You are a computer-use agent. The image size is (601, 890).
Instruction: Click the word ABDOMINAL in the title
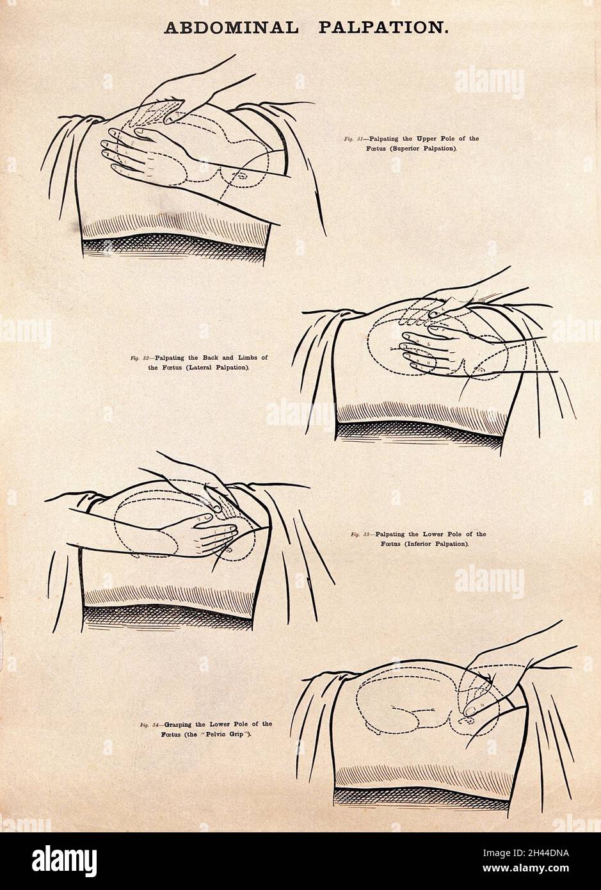(x=231, y=28)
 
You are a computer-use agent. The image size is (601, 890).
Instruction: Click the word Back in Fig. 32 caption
(x=205, y=357)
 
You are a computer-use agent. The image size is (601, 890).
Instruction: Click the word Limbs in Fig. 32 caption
(x=243, y=357)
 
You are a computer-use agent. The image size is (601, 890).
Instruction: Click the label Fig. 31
(x=354, y=139)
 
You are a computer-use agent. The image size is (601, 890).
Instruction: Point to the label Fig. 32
(x=140, y=357)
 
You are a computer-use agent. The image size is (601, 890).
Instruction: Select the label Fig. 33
(x=361, y=535)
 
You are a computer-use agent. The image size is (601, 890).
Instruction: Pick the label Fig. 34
(x=150, y=725)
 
